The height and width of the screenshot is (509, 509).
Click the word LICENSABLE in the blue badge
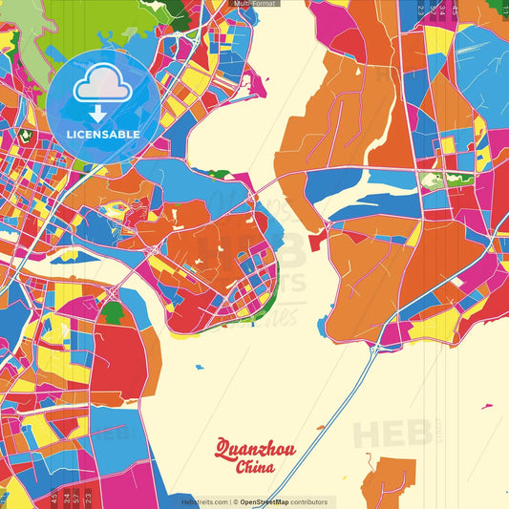click(x=102, y=135)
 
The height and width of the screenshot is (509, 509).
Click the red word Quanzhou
click(x=255, y=449)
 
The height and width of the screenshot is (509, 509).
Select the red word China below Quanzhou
click(x=255, y=467)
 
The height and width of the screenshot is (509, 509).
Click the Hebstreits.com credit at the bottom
click(x=204, y=502)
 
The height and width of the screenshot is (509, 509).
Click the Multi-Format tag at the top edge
click(x=255, y=4)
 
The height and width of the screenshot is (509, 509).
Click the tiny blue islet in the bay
click(x=199, y=367)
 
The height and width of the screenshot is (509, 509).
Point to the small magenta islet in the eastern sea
click(x=487, y=406)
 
